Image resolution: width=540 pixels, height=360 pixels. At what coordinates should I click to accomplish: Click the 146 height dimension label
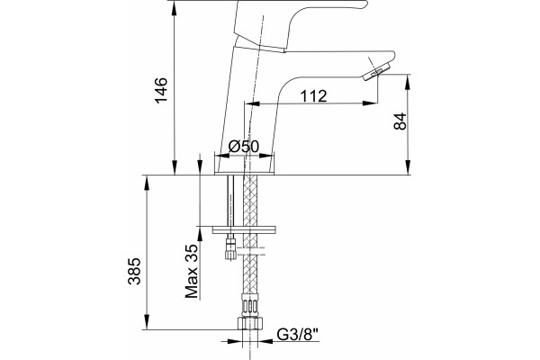161,90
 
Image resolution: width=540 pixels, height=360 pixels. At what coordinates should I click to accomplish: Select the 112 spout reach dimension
313,96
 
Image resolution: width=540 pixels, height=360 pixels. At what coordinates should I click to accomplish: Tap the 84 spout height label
400,121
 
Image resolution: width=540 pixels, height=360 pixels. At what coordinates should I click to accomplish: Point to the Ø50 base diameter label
244,147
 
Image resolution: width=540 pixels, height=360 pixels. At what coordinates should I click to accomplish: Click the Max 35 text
193,271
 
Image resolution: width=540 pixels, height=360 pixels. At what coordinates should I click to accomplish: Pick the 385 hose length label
134,271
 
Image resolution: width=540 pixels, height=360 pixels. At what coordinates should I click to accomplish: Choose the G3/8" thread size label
298,335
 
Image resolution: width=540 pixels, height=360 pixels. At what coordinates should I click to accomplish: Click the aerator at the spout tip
376,72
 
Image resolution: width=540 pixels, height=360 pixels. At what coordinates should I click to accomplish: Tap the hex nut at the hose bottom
250,323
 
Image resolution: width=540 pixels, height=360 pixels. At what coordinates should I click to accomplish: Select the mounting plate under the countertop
244,229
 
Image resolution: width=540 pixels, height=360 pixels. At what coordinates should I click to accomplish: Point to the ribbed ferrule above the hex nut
250,306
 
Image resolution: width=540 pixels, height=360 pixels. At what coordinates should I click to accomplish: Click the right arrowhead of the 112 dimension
370,103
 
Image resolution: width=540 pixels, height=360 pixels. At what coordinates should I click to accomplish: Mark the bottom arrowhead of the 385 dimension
147,322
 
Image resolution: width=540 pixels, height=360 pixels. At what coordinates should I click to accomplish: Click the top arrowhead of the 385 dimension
147,183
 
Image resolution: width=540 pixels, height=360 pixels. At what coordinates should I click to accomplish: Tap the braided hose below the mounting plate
250,269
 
